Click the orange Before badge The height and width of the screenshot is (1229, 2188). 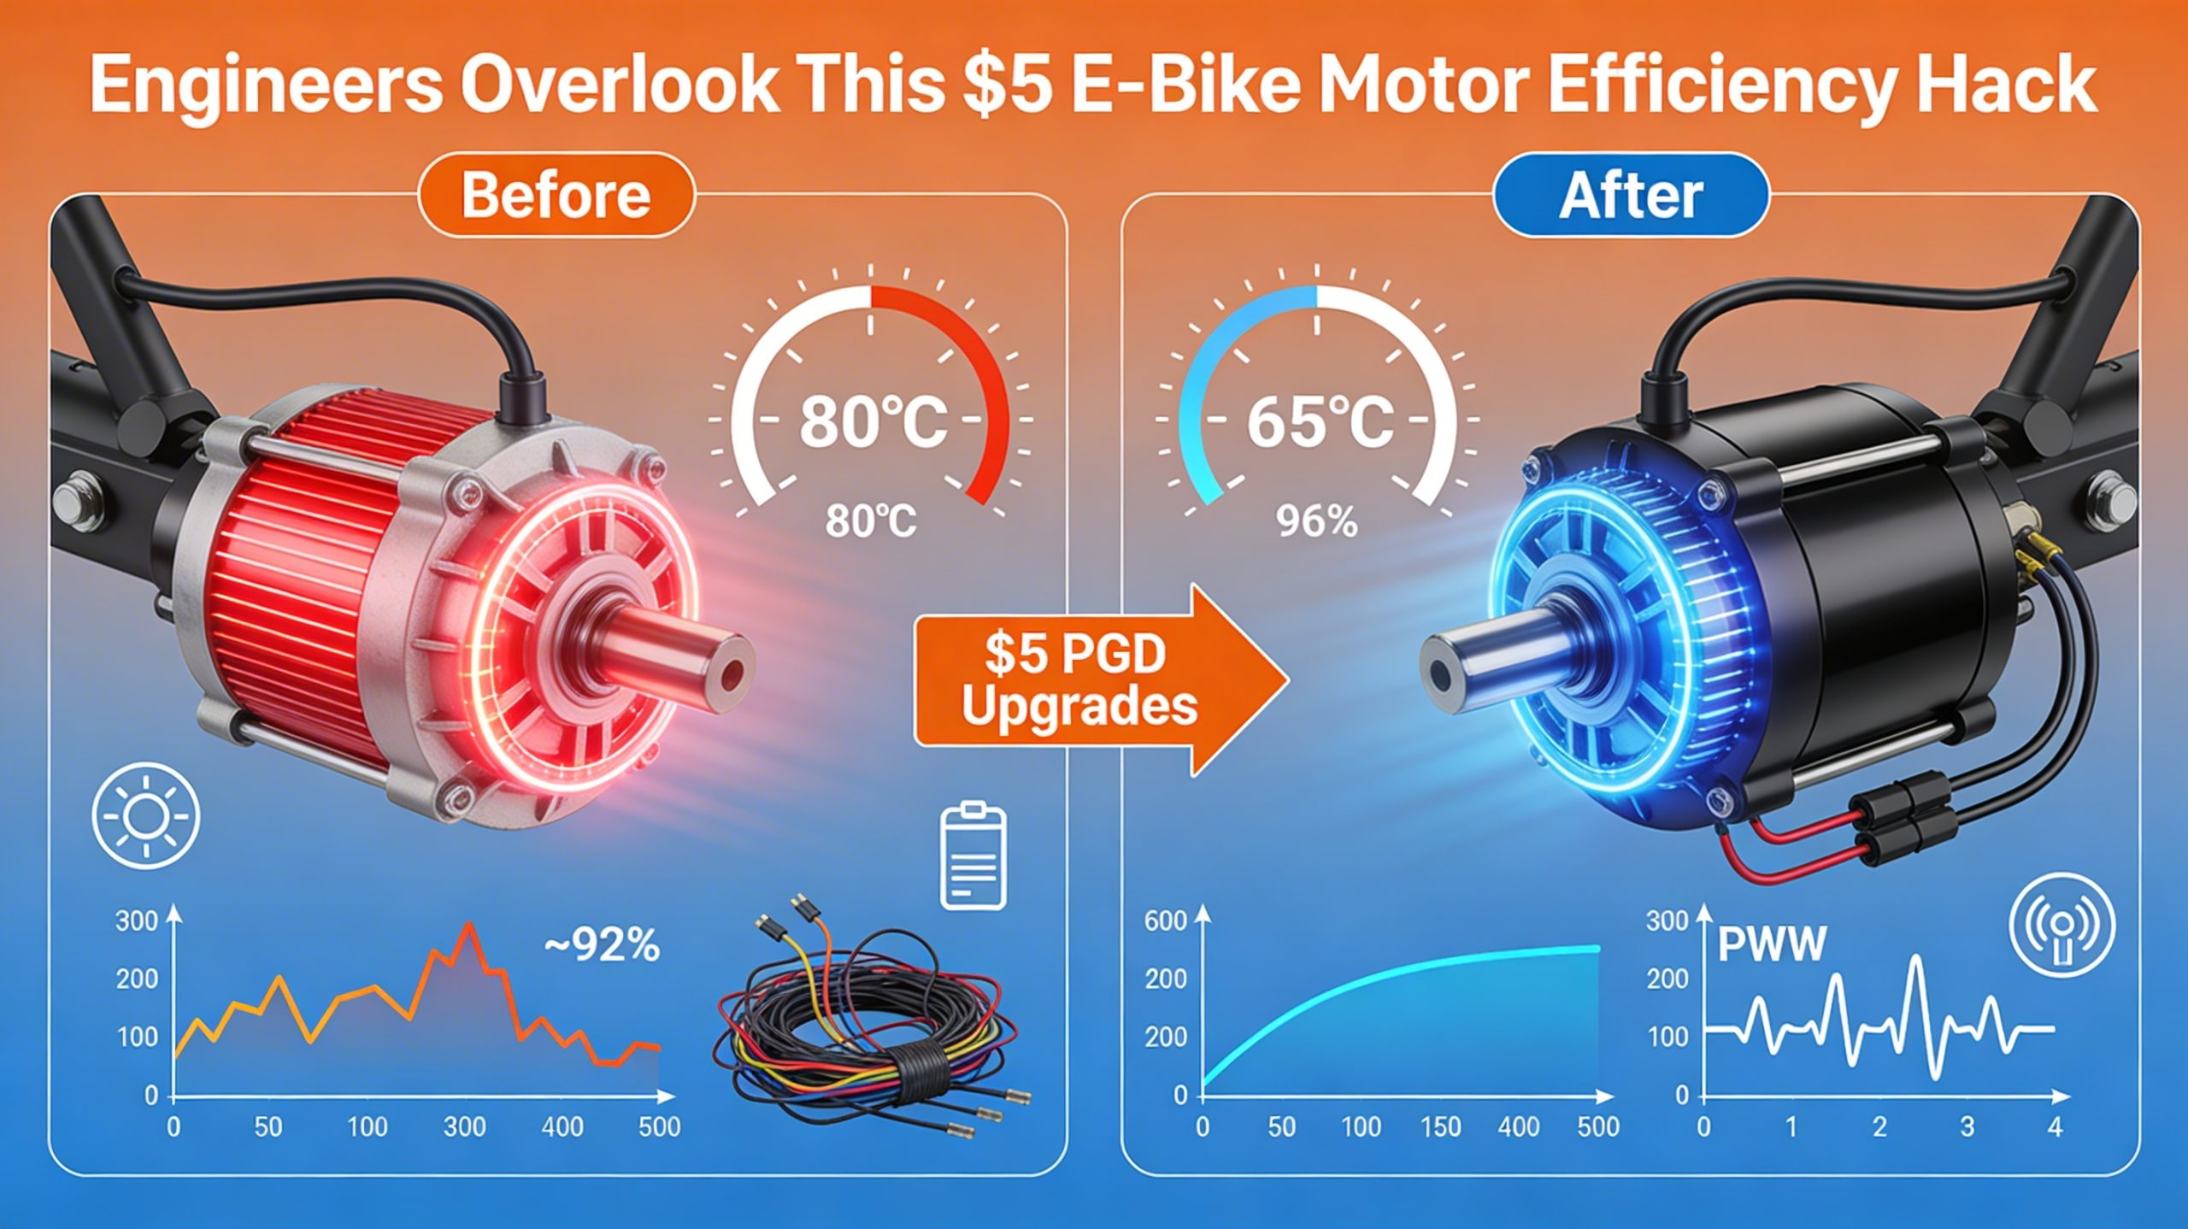point(556,195)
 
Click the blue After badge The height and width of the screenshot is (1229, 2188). point(1630,195)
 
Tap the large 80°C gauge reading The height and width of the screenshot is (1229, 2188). point(873,421)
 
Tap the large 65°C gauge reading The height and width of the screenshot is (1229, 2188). point(1320,421)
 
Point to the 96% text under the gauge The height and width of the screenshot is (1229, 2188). point(1316,522)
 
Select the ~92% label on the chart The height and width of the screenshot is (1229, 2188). point(602,946)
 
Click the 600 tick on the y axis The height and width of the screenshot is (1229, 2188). point(1166,920)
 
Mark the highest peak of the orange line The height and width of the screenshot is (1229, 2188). point(468,925)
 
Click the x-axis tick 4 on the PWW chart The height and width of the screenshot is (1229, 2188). point(2055,1127)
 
